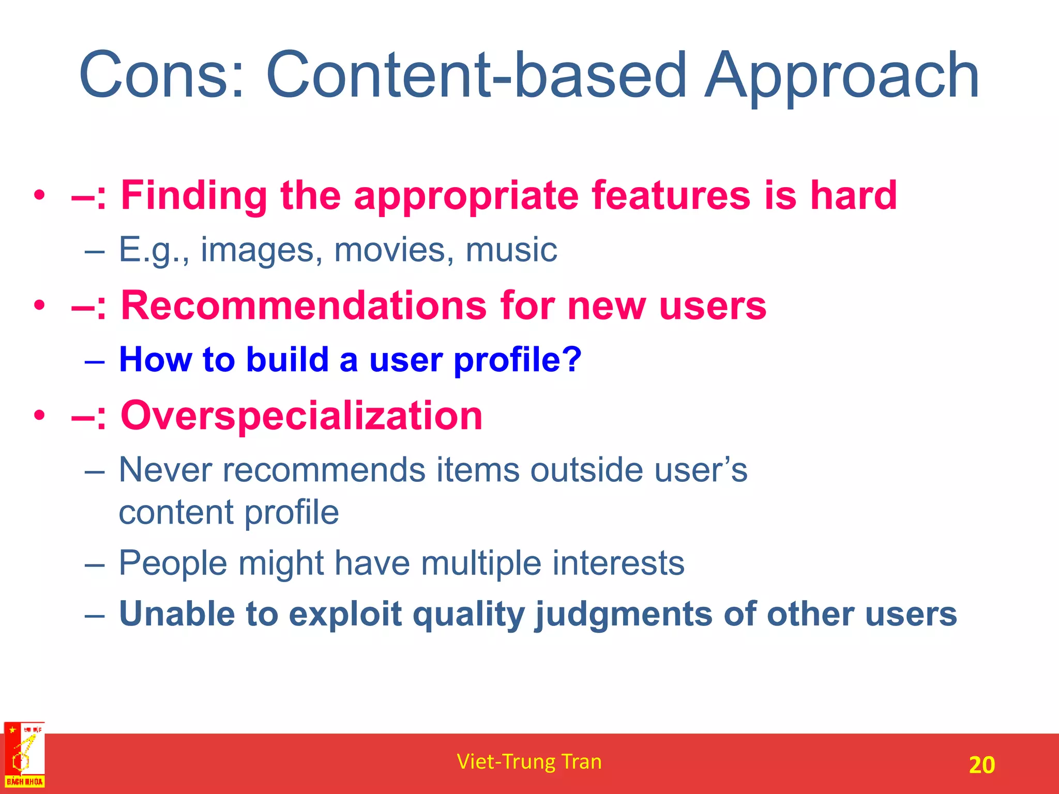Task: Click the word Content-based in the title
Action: coord(476,75)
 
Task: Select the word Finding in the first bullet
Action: coord(194,196)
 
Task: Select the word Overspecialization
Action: coord(301,416)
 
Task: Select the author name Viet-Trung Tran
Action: coord(529,762)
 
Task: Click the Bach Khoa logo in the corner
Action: coord(24,755)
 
